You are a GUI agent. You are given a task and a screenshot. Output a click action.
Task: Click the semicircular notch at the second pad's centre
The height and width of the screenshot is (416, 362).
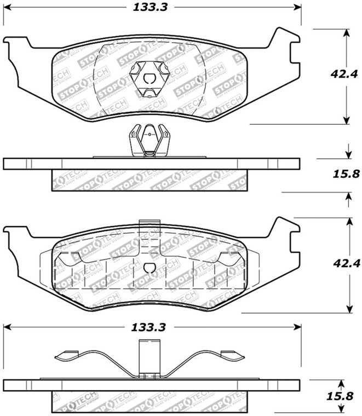click(149, 268)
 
